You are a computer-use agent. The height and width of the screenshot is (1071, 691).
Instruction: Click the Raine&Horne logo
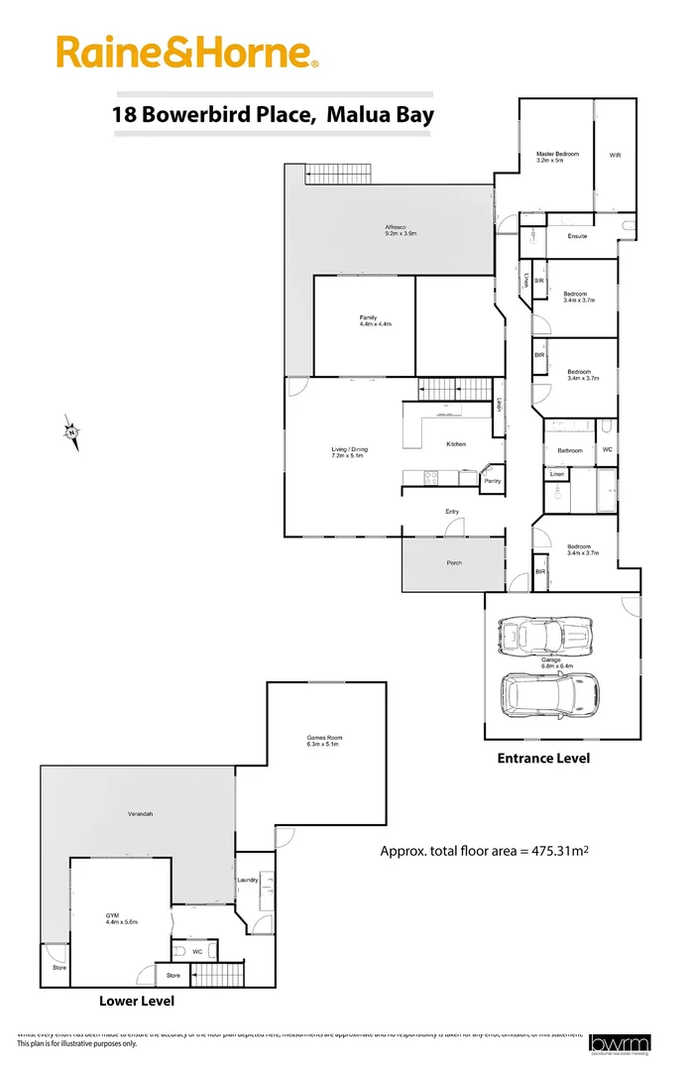pos(187,52)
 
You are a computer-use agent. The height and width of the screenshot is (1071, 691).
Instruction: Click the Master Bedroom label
pos(557,155)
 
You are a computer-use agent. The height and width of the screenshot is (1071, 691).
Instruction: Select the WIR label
pos(615,155)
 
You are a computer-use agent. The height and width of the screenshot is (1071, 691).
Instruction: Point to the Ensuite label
pos(577,236)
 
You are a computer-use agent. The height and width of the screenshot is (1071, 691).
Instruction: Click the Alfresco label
pos(397,229)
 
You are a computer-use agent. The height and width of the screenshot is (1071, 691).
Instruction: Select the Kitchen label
pos(456,443)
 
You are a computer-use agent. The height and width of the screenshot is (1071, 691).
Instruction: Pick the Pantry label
pos(492,481)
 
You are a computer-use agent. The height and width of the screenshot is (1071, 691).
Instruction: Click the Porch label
pos(454,562)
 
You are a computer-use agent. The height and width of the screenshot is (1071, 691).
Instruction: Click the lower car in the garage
pos(549,694)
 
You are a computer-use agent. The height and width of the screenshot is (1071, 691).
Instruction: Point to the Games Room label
pos(322,739)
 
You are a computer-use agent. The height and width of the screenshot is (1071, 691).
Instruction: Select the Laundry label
pos(248,880)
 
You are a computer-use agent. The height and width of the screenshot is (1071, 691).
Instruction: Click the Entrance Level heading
pos(543,758)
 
